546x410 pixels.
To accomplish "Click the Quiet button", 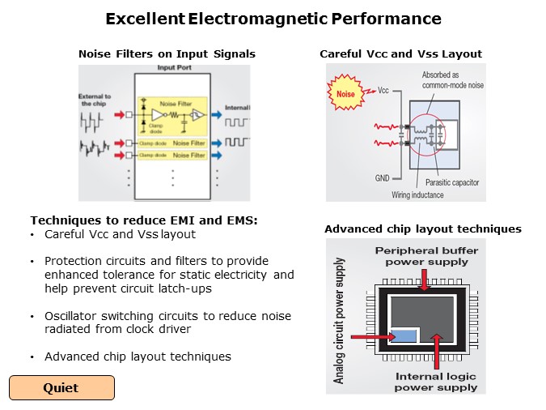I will pos(61,387).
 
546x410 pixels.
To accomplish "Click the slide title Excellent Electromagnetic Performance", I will pos(273,19).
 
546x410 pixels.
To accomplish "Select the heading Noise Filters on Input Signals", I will pos(167,54).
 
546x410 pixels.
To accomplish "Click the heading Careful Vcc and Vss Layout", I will pos(400,54).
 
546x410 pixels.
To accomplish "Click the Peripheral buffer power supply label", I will pos(425,256).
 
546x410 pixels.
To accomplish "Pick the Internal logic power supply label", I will pos(436,381).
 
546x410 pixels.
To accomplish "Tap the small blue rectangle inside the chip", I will pos(402,335).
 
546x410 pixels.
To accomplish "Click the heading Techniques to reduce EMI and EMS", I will pos(143,220).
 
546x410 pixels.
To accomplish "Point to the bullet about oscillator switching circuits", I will pos(167,322).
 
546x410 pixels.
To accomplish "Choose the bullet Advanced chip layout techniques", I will pos(138,357).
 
